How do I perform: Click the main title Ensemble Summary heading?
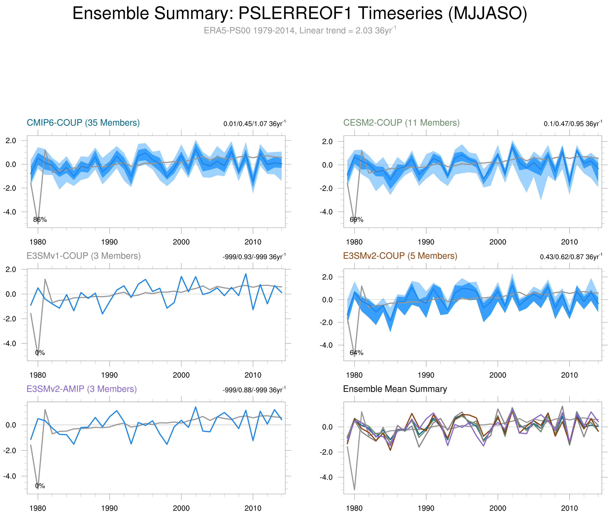click(299, 13)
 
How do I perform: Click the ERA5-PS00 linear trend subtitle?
click(299, 31)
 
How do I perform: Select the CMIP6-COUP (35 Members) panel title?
click(83, 123)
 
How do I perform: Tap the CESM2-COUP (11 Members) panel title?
click(401, 123)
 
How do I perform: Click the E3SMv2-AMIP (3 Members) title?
click(82, 389)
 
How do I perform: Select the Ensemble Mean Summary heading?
click(395, 389)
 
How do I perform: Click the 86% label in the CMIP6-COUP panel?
click(40, 220)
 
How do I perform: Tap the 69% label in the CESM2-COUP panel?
click(356, 220)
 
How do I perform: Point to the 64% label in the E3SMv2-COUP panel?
click(356, 353)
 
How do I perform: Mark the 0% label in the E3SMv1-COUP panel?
click(40, 353)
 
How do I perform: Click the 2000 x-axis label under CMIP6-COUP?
click(181, 242)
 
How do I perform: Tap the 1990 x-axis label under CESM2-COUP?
click(426, 242)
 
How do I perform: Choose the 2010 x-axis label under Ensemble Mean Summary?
click(569, 508)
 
